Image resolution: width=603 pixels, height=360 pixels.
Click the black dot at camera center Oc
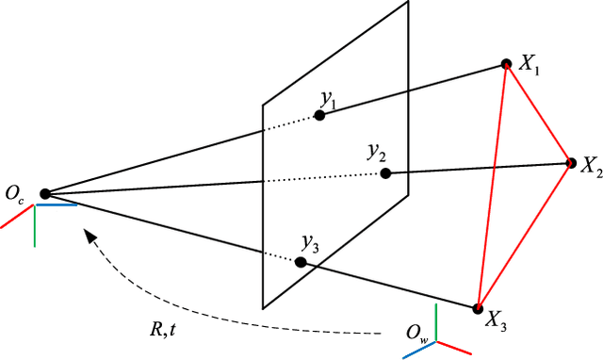44,194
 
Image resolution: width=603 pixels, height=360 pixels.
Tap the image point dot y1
319,115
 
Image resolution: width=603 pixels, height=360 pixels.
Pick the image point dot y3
301,262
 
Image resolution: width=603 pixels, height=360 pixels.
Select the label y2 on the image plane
378,153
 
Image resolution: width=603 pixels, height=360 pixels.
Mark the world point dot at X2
570,162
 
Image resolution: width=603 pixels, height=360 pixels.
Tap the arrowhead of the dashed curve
90,237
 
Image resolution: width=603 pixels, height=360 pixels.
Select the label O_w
415,332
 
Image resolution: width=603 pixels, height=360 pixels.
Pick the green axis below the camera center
36,226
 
